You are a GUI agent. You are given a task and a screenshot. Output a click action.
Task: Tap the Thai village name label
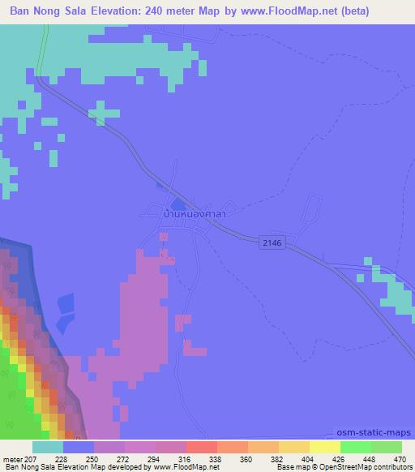(193, 215)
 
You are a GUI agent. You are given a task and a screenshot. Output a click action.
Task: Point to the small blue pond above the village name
(176, 204)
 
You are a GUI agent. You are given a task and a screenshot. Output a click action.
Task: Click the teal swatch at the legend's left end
(48, 447)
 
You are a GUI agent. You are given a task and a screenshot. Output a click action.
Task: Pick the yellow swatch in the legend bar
(325, 447)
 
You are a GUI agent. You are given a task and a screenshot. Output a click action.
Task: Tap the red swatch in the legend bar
(202, 447)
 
